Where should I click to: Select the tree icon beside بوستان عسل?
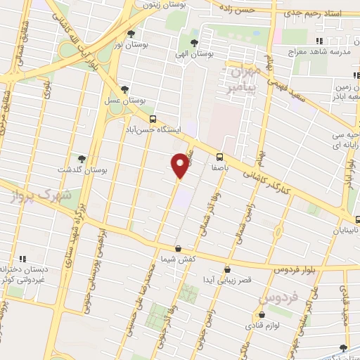click(125, 89)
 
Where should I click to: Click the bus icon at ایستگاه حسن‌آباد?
click(153, 120)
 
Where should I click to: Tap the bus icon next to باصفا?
click(219, 157)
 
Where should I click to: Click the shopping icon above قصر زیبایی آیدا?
click(227, 269)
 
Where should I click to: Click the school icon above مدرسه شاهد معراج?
click(319, 41)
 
